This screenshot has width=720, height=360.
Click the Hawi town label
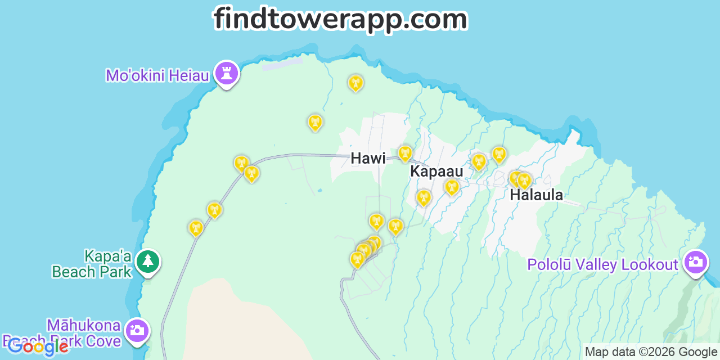(x=368, y=159)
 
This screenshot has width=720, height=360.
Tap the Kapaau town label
(x=436, y=172)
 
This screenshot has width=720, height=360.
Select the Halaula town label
(x=536, y=195)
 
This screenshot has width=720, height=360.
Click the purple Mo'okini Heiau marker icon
(x=227, y=74)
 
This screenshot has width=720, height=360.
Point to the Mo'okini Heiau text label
(x=157, y=75)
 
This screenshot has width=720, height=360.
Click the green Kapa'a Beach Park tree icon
(x=147, y=262)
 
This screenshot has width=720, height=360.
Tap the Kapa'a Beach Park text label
(x=92, y=264)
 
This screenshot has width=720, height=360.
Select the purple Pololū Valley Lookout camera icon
(x=696, y=262)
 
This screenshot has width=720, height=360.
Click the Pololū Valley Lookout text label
(x=602, y=264)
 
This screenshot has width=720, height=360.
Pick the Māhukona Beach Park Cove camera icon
(x=137, y=330)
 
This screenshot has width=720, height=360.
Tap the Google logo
(x=37, y=346)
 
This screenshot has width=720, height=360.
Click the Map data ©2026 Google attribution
(x=651, y=352)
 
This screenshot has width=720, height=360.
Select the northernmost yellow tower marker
(x=355, y=83)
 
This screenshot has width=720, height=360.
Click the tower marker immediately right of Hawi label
(x=405, y=153)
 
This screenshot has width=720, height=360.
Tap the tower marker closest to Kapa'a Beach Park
(x=196, y=228)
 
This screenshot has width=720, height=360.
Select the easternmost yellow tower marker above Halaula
(x=524, y=181)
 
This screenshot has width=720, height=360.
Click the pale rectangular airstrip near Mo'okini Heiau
(x=282, y=64)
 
